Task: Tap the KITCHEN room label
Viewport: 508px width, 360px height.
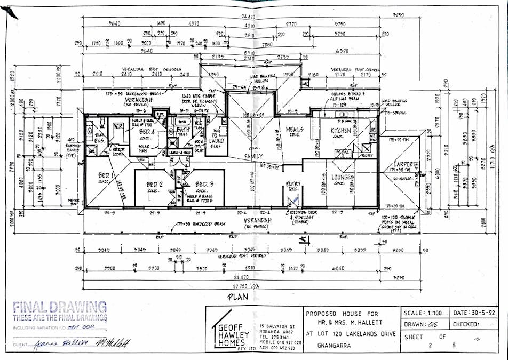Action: pos(340,130)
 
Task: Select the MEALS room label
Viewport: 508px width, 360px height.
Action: pos(294,130)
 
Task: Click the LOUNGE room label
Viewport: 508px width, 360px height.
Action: pos(340,177)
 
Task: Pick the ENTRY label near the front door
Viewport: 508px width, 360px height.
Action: pos(293,184)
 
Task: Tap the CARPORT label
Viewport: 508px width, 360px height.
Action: pos(404,164)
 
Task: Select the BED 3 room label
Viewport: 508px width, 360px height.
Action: pos(203,184)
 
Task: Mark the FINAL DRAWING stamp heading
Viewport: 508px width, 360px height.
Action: pos(59,307)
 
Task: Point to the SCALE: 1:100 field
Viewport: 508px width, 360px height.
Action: pos(424,313)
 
